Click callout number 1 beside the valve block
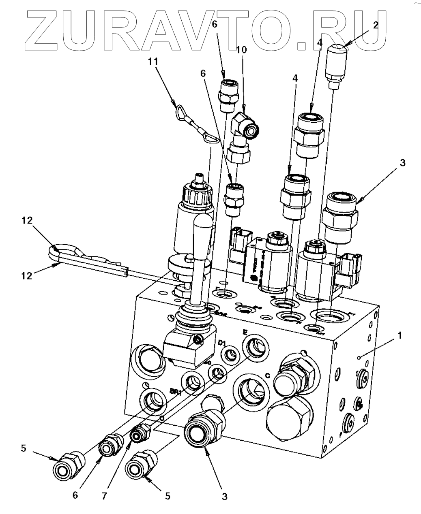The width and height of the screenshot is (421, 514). pyautogui.click(x=401, y=336)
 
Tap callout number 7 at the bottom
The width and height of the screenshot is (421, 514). pyautogui.click(x=105, y=496)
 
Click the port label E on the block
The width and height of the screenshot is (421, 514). pyautogui.click(x=244, y=332)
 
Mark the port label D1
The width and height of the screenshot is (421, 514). pyautogui.click(x=221, y=343)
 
